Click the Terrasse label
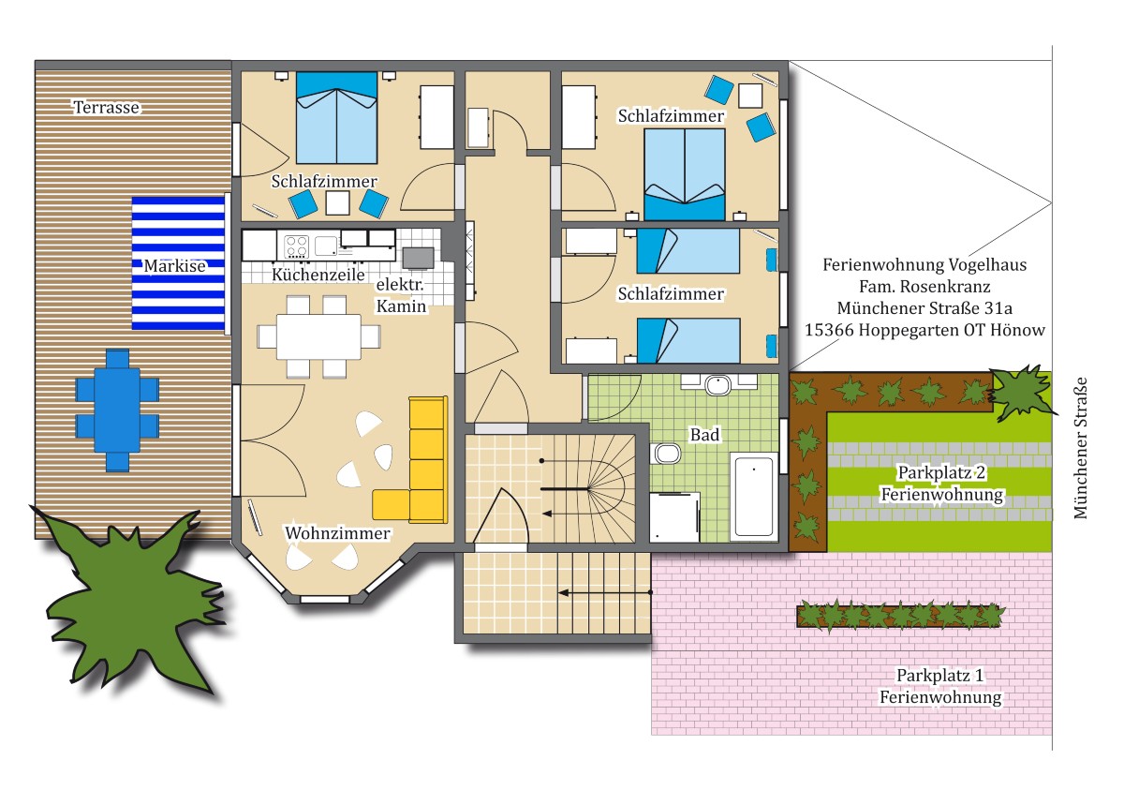[x=107, y=108]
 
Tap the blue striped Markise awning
[x=178, y=263]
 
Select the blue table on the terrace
[x=117, y=410]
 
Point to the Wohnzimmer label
[x=337, y=533]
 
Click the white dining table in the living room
[x=318, y=336]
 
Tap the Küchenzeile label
[x=318, y=275]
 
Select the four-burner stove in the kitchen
[x=296, y=246]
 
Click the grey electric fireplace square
[x=418, y=259]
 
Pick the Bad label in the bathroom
[x=704, y=435]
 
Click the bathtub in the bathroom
[x=754, y=496]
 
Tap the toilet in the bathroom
[x=665, y=454]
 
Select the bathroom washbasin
[x=718, y=385]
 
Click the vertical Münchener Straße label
[x=1080, y=448]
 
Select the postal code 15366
[x=830, y=330]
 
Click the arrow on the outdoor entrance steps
[x=605, y=593]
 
